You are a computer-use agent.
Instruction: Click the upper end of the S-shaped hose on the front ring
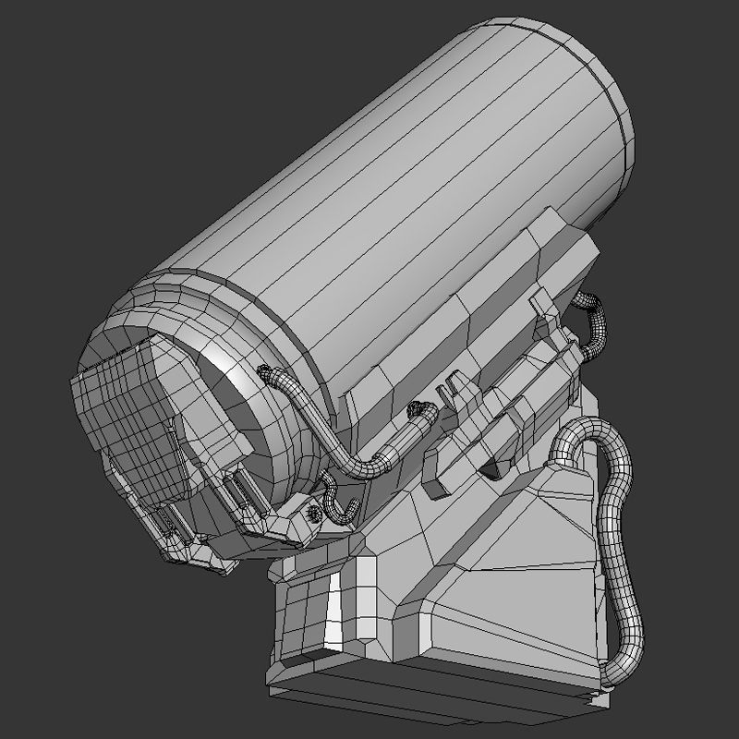pos(268,374)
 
